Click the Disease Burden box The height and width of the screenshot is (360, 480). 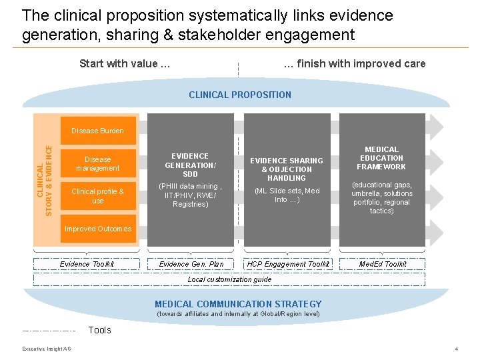tap(97, 131)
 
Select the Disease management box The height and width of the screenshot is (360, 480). tap(97, 164)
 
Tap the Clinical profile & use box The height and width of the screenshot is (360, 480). tap(97, 196)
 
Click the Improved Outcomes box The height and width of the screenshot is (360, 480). tap(97, 229)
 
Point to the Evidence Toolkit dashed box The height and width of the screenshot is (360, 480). tap(87, 264)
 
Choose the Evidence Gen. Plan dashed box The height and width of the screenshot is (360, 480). tap(191, 264)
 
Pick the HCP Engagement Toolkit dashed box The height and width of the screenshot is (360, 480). tap(288, 264)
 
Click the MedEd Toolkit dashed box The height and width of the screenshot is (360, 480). tap(382, 264)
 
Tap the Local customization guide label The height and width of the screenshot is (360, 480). tap(229, 279)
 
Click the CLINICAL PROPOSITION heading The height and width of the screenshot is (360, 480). tap(240, 95)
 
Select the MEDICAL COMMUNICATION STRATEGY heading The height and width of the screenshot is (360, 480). tap(238, 304)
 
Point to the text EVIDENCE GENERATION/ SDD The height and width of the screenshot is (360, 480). tap(191, 165)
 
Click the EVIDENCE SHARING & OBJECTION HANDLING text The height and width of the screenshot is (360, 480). tap(287, 169)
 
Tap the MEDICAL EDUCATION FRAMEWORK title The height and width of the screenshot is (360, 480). tap(381, 158)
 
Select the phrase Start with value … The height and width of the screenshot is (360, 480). tap(125, 64)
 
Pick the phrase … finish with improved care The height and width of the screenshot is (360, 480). tap(354, 64)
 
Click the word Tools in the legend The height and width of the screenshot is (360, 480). tap(100, 330)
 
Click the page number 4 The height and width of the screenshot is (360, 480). tap(456, 349)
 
